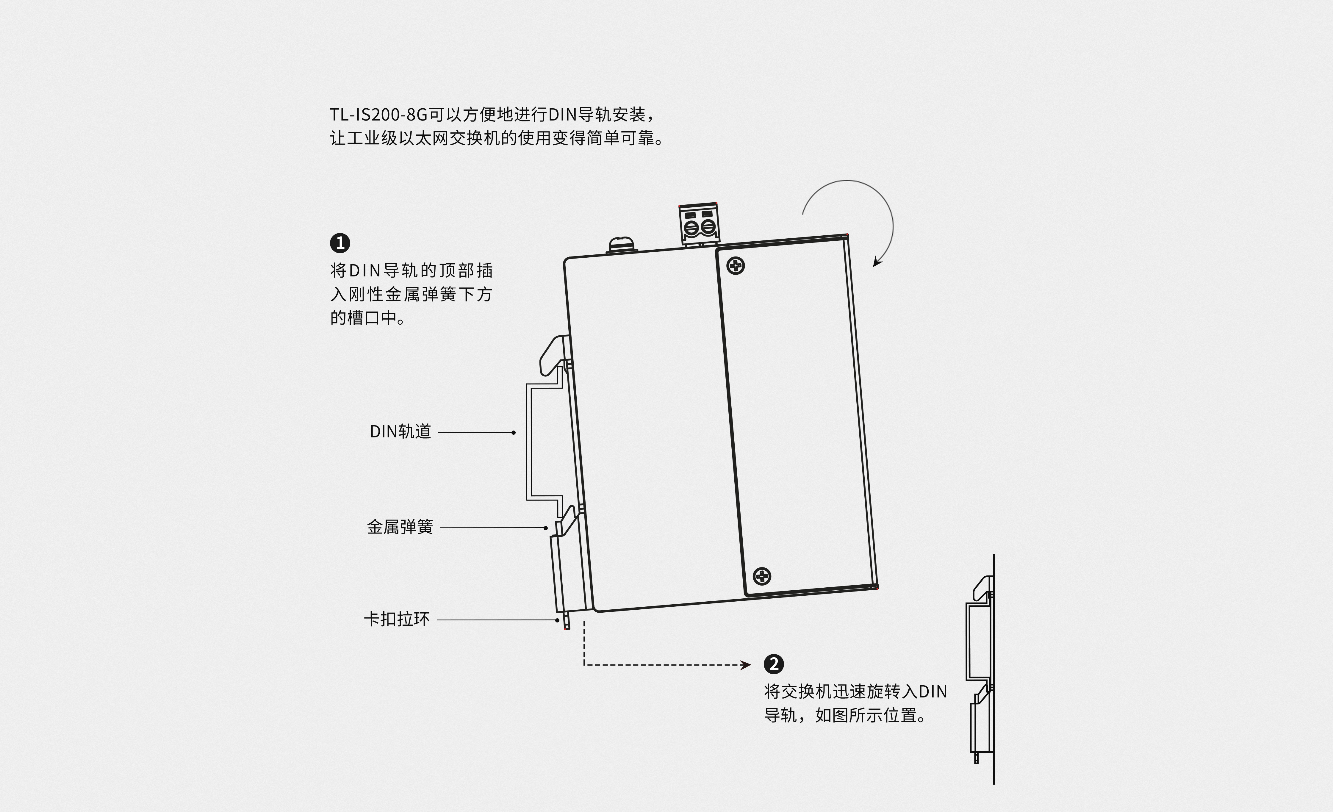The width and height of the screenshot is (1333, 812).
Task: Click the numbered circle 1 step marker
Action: (x=340, y=243)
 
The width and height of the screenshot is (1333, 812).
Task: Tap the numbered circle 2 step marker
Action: (x=774, y=664)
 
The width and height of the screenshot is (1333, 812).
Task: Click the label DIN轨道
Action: (x=400, y=432)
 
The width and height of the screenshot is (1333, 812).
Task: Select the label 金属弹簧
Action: (x=400, y=527)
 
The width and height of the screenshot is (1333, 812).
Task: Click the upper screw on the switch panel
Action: (x=736, y=266)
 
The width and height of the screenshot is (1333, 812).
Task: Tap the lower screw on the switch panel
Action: (x=762, y=576)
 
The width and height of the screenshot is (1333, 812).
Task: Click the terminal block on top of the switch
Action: (x=699, y=224)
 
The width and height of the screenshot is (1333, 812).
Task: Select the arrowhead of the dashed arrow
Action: (x=747, y=665)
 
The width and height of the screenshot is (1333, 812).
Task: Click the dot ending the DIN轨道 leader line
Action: (x=513, y=433)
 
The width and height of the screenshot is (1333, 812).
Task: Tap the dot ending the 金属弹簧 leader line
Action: (x=546, y=528)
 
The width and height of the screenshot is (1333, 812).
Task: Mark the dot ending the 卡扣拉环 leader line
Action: (x=557, y=620)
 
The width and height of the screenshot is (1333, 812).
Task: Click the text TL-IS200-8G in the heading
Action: (x=379, y=115)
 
